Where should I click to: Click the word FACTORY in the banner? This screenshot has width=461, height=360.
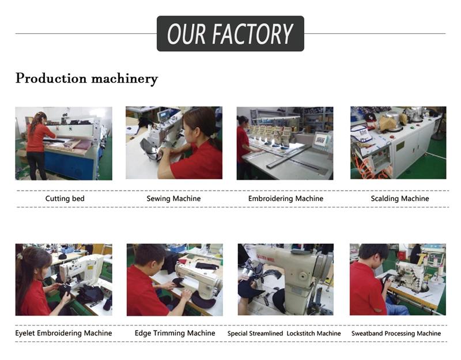click(x=252, y=34)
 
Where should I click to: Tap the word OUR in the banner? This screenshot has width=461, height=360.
click(x=186, y=34)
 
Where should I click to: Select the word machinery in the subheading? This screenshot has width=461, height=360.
click(x=124, y=78)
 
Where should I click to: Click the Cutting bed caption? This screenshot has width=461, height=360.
click(x=65, y=199)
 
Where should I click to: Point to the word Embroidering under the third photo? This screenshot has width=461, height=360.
click(x=270, y=199)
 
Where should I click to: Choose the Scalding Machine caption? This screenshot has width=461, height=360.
click(x=400, y=199)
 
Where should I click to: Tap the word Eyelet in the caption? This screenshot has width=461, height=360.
click(x=25, y=333)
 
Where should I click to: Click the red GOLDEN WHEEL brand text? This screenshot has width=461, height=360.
click(x=266, y=257)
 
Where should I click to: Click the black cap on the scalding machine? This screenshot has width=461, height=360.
click(x=370, y=117)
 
